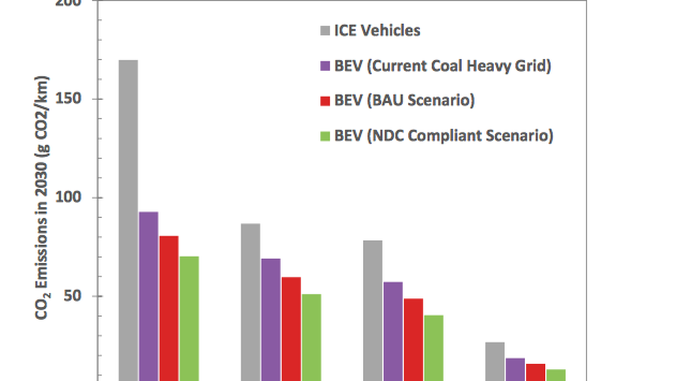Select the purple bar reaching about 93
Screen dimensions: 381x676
pyautogui.click(x=149, y=296)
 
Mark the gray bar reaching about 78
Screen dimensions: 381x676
pyautogui.click(x=373, y=310)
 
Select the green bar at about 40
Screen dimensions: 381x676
pyautogui.click(x=434, y=348)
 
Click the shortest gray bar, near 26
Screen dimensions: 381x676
pyautogui.click(x=495, y=361)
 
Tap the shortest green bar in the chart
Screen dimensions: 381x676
pyautogui.click(x=556, y=375)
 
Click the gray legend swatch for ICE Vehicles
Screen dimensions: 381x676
pyautogui.click(x=325, y=31)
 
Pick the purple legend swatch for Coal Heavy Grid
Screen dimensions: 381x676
pyautogui.click(x=325, y=66)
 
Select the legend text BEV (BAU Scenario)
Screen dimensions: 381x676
pyautogui.click(x=405, y=101)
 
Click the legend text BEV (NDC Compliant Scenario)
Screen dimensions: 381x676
pyautogui.click(x=444, y=136)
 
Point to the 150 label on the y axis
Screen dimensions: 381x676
pyautogui.click(x=68, y=98)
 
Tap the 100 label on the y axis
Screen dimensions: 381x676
pyautogui.click(x=68, y=197)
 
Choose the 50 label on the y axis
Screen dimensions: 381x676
pyautogui.click(x=73, y=296)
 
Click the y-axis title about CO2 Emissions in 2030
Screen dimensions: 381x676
pyautogui.click(x=42, y=198)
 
